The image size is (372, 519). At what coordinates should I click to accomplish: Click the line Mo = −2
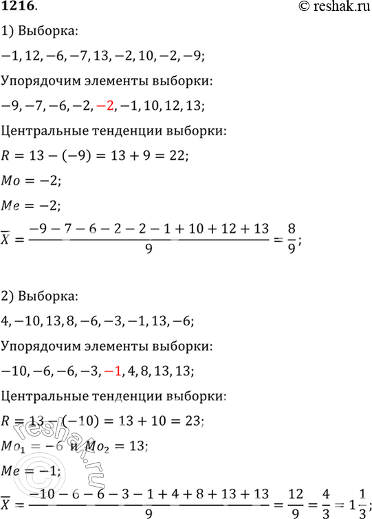(x=31, y=180)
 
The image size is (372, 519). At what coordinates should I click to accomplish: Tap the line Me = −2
(x=31, y=205)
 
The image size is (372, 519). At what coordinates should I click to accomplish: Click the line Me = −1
(x=31, y=471)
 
